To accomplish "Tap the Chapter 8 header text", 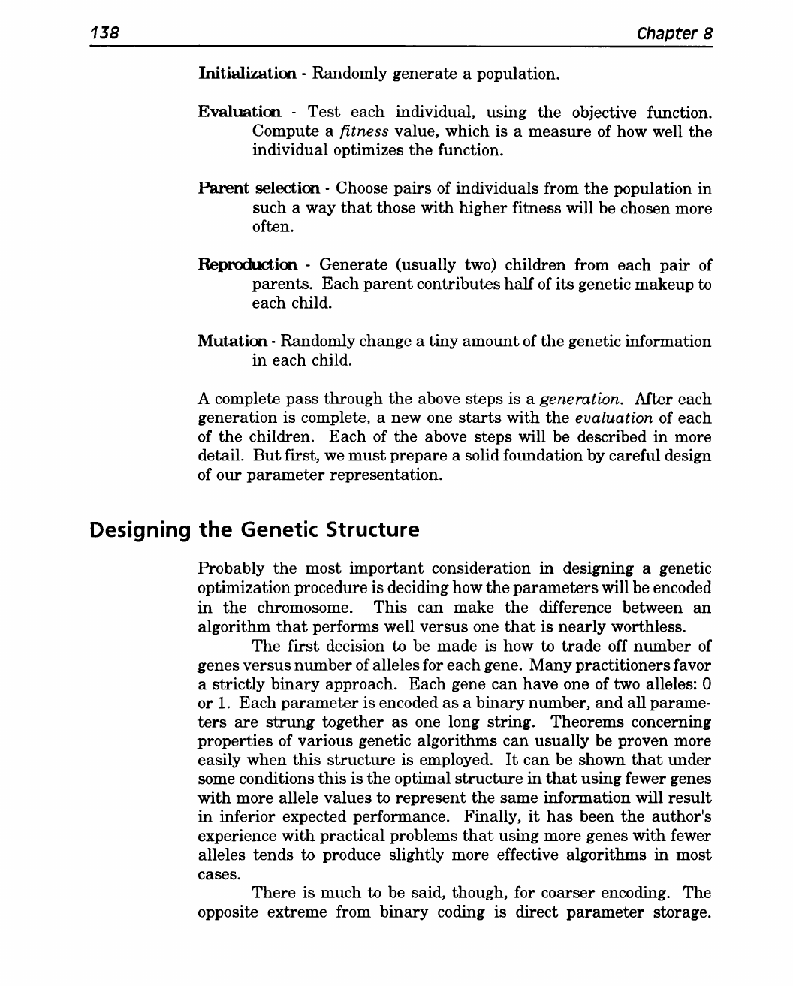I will tap(674, 34).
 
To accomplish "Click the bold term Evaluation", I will tap(240, 113).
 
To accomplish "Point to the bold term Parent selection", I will tap(259, 189).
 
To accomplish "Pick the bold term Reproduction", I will tap(248, 265).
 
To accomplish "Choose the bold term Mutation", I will tap(233, 342).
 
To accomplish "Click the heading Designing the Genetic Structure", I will tap(254, 530).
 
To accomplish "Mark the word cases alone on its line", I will tap(218, 875).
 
